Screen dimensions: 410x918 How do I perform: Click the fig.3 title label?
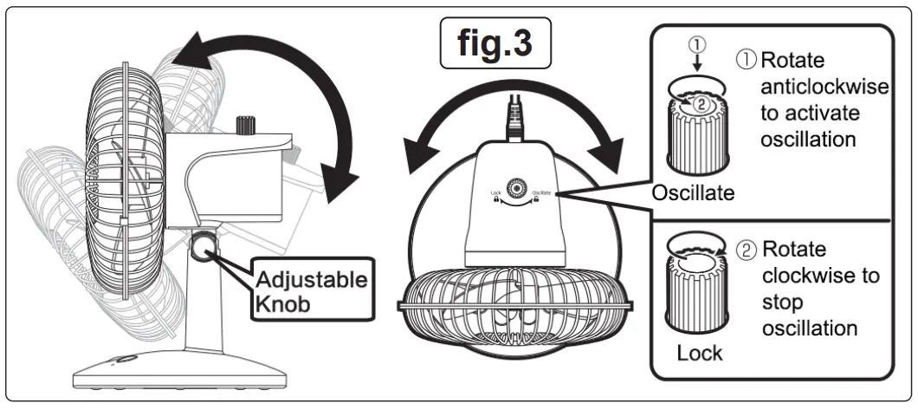point(495,44)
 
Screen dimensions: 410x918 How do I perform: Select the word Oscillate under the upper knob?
point(694,194)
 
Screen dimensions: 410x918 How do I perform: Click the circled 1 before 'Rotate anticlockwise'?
point(747,61)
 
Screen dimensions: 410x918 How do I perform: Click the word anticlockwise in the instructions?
point(817,88)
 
